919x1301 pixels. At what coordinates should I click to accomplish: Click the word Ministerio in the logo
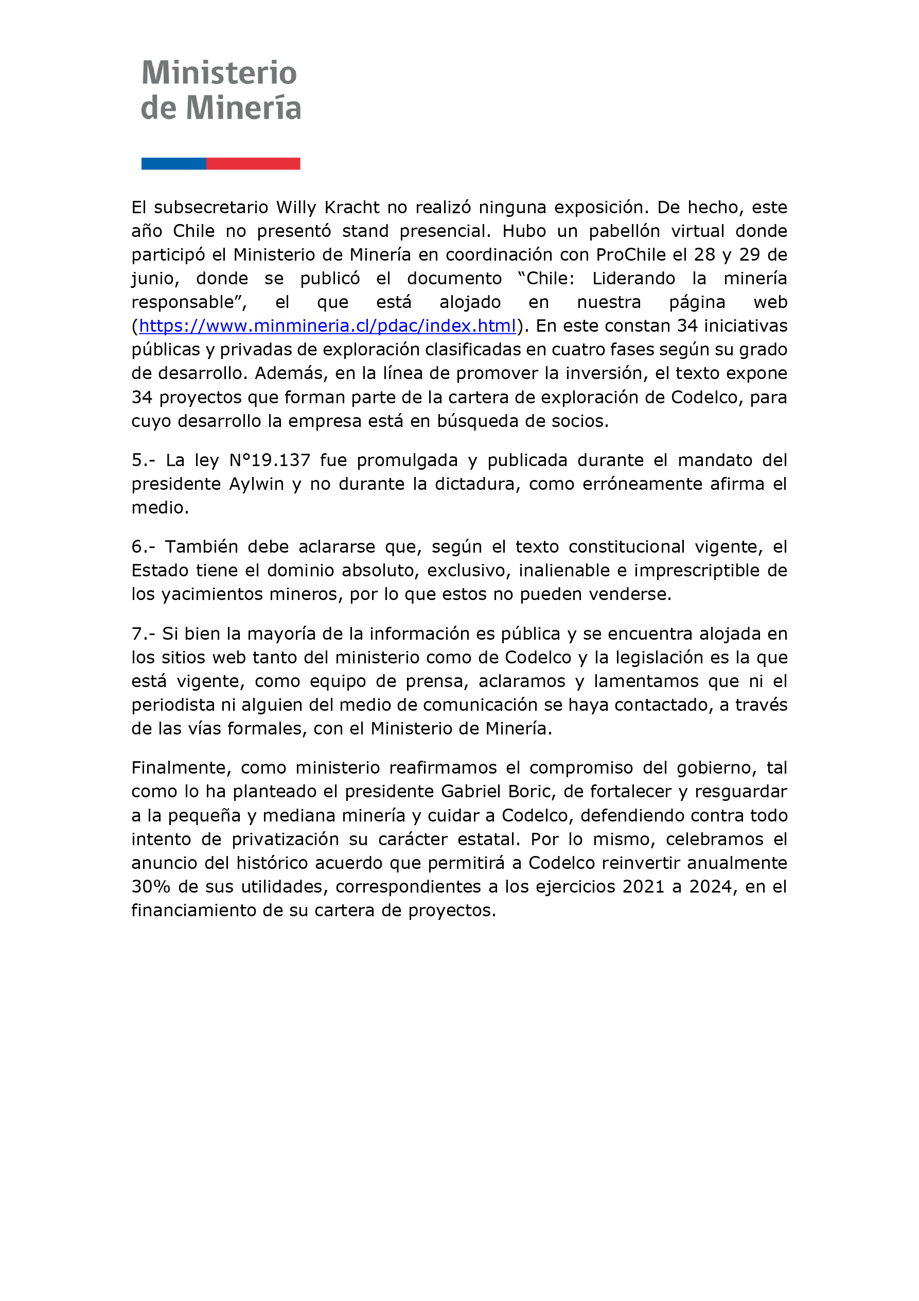(219, 73)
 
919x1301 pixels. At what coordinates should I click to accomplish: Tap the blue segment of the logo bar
(173, 164)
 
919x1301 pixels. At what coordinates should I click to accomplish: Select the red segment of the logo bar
(253, 164)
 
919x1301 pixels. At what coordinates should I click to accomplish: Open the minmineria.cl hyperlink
(327, 326)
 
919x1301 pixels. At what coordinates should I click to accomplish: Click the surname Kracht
(351, 208)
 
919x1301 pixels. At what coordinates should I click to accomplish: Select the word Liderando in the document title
(633, 278)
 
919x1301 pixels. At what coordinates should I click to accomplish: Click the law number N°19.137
(270, 460)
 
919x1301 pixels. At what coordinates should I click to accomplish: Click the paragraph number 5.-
(143, 460)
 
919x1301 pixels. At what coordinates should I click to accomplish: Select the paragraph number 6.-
(143, 547)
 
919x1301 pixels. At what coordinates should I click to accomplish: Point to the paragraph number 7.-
(143, 634)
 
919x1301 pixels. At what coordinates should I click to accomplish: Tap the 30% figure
(151, 887)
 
